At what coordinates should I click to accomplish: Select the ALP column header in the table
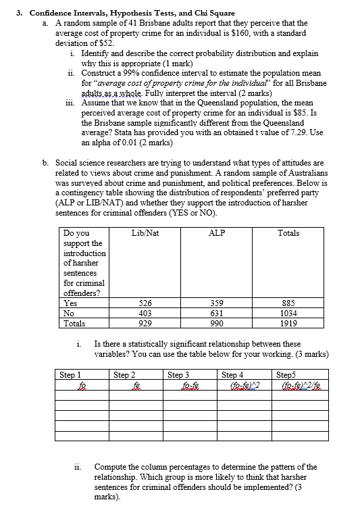point(216,233)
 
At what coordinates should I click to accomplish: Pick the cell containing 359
point(216,304)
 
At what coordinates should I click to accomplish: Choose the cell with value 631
point(216,314)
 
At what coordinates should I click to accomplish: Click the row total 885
point(288,304)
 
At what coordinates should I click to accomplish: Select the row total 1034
point(288,314)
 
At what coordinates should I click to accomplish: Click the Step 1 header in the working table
point(70,374)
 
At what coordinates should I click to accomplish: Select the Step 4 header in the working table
point(234,374)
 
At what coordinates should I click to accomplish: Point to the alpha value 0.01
point(124,143)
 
